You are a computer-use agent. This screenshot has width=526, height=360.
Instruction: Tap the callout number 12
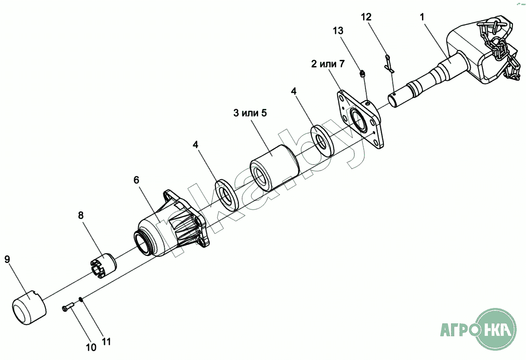(x=366, y=17)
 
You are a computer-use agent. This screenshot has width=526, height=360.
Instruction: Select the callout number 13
(x=338, y=31)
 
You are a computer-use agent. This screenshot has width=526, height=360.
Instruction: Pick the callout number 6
(x=136, y=180)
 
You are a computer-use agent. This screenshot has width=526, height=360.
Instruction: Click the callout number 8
(x=81, y=215)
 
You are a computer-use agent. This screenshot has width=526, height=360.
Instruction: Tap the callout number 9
(x=7, y=259)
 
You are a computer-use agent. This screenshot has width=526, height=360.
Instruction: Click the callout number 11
(x=106, y=342)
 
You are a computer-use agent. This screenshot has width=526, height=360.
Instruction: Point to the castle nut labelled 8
(x=103, y=266)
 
